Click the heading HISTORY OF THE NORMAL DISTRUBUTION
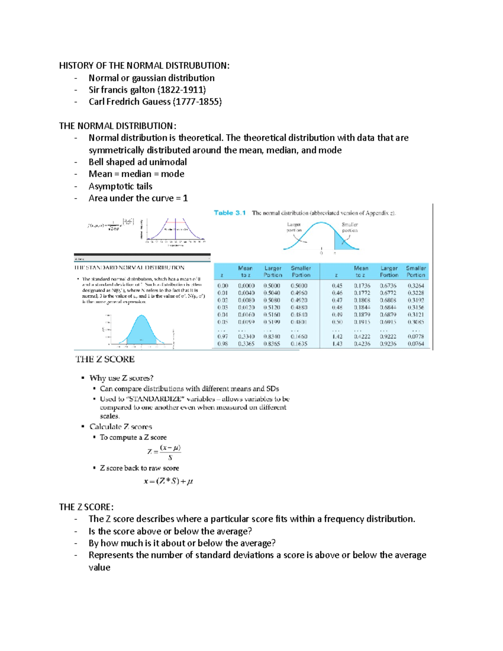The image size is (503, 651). tap(144, 65)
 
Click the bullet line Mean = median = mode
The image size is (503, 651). tap(136, 174)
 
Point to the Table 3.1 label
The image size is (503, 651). tap(230, 213)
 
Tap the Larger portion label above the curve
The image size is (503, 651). tap(294, 227)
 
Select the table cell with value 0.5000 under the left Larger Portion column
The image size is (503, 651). tap(272, 286)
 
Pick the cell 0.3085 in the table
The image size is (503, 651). tap(415, 322)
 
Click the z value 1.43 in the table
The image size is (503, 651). tap(337, 344)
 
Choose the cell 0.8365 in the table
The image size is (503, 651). tap(272, 344)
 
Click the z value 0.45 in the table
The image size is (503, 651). tap(337, 286)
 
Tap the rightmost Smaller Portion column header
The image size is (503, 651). tap(415, 272)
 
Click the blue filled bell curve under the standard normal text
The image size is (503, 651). tap(141, 331)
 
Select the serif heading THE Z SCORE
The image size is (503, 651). tap(105, 359)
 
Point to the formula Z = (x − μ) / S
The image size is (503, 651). tap(164, 452)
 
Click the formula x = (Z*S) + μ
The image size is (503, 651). tap(168, 481)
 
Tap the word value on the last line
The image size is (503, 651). tap(99, 567)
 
